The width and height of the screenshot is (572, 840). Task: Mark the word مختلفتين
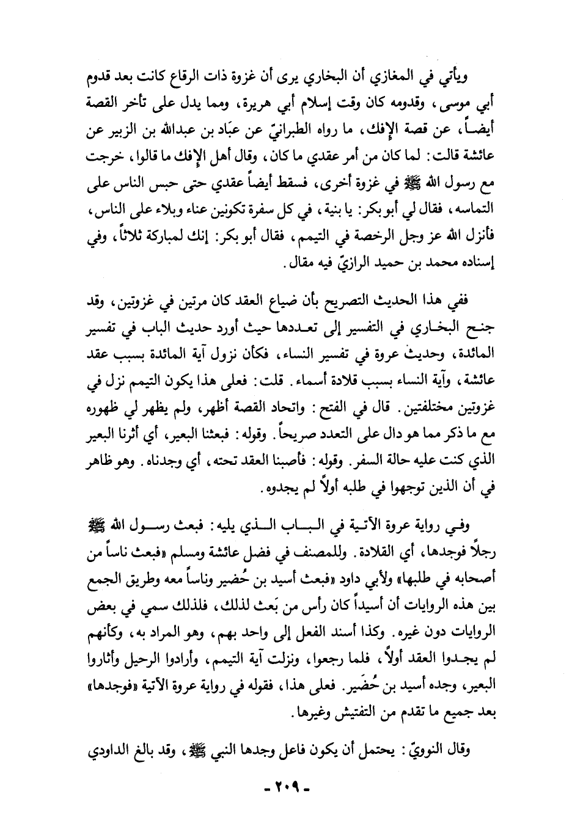(446, 410)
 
